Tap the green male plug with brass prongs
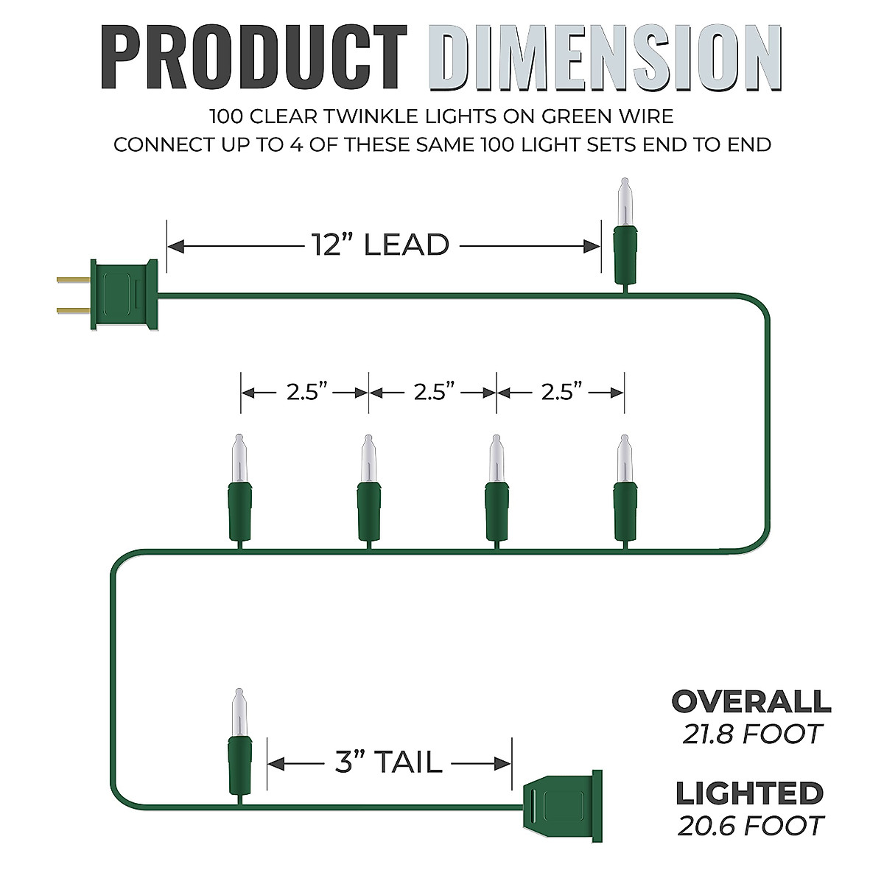tap(122, 294)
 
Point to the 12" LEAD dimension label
tap(379, 245)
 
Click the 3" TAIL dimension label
tap(388, 763)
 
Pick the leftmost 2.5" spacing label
tap(306, 392)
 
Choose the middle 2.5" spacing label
tap(433, 392)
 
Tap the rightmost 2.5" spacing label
tap(561, 392)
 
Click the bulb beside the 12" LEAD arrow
tap(625, 232)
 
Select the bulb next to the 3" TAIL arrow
tap(238, 744)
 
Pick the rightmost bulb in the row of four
tap(625, 490)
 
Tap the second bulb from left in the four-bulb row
tap(368, 490)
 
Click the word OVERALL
tap(751, 701)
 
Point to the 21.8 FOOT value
tap(751, 734)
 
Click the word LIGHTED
tap(749, 793)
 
